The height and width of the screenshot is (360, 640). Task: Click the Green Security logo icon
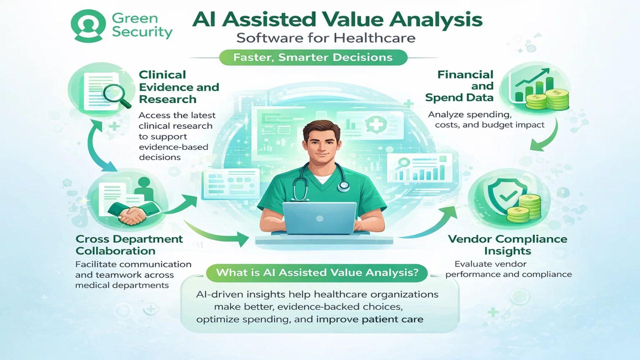click(88, 26)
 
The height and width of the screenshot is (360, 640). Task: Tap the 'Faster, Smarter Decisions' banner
click(313, 57)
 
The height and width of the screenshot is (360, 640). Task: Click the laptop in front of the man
click(319, 218)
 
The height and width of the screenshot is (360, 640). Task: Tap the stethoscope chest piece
click(343, 187)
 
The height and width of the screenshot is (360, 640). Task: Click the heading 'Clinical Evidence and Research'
click(179, 87)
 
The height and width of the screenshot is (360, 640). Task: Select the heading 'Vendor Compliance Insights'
click(507, 245)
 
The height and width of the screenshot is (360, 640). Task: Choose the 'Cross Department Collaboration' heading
click(129, 245)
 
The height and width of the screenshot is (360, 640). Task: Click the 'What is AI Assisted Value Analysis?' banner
click(317, 273)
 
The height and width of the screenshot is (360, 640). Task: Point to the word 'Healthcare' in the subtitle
click(374, 38)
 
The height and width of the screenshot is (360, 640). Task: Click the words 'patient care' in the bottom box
click(392, 319)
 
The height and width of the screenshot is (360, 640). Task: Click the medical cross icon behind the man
click(376, 125)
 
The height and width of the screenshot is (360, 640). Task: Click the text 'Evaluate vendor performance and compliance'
click(508, 269)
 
